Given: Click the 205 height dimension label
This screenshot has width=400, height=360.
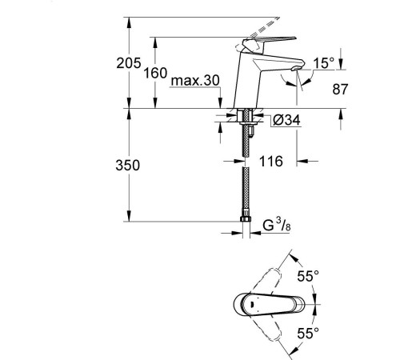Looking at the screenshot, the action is pyautogui.click(x=129, y=63).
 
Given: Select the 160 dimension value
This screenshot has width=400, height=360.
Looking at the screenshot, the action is pyautogui.click(x=155, y=73).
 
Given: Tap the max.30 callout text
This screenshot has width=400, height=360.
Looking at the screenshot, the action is pyautogui.click(x=195, y=80).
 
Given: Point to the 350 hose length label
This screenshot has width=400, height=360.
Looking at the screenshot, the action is pyautogui.click(x=128, y=165).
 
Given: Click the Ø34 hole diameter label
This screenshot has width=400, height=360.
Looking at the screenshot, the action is pyautogui.click(x=286, y=120).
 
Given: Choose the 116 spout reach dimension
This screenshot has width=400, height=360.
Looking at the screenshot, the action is pyautogui.click(x=271, y=162).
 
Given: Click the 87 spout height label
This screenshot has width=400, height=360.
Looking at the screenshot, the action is pyautogui.click(x=340, y=89).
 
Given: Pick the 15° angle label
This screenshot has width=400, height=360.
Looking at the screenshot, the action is pyautogui.click(x=323, y=63).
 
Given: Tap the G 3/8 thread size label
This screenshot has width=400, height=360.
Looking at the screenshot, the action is pyautogui.click(x=277, y=225).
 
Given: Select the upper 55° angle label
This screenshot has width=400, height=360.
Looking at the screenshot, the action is pyautogui.click(x=308, y=276).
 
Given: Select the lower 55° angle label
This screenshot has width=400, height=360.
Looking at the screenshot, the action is pyautogui.click(x=308, y=333).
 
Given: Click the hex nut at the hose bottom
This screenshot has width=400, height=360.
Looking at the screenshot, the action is pyautogui.click(x=246, y=218).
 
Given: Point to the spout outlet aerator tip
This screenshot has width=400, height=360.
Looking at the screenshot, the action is pyautogui.click(x=295, y=68).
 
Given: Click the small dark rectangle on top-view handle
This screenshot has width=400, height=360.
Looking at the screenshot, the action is pyautogui.click(x=252, y=305).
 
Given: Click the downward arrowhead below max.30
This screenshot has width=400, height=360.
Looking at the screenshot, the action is pyautogui.click(x=220, y=103).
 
